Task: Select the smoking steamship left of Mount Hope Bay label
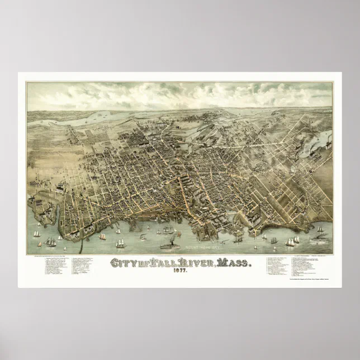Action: coord(166,244)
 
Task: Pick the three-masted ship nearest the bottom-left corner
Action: coord(51,241)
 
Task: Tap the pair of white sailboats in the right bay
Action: coord(291,241)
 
